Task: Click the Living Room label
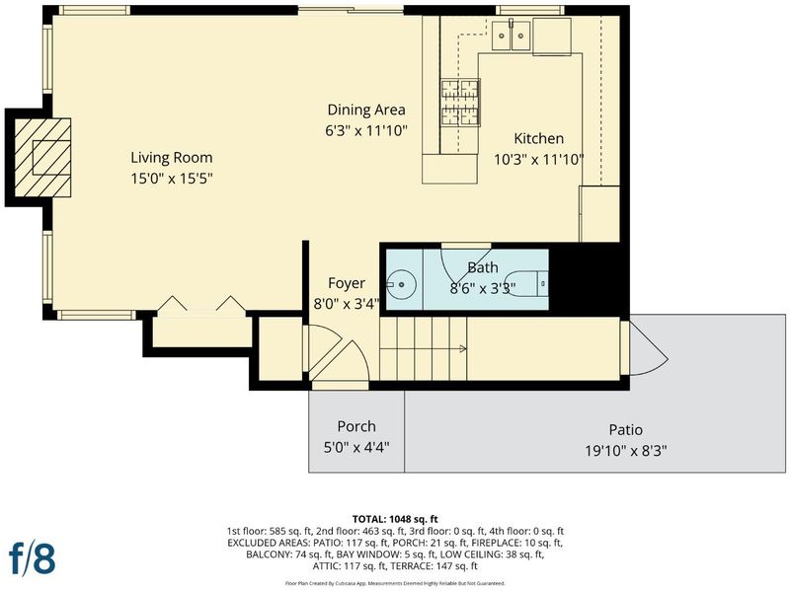point(171,158)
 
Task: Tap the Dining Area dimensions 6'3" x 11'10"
point(365,131)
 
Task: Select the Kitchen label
point(538,138)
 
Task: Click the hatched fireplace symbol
point(42,158)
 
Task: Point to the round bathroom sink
point(401,284)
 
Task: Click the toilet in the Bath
point(526,284)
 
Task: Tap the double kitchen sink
point(511,36)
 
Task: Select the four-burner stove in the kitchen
point(460,103)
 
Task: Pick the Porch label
point(356,426)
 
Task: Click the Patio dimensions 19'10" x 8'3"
point(626,451)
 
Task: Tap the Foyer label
point(347,283)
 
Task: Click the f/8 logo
point(32,557)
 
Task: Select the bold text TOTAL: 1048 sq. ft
point(395,519)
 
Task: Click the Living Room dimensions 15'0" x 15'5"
point(172,179)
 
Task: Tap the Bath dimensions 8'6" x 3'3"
point(482,289)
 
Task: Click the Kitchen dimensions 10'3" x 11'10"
point(538,160)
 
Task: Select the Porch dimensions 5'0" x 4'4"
point(356,448)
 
